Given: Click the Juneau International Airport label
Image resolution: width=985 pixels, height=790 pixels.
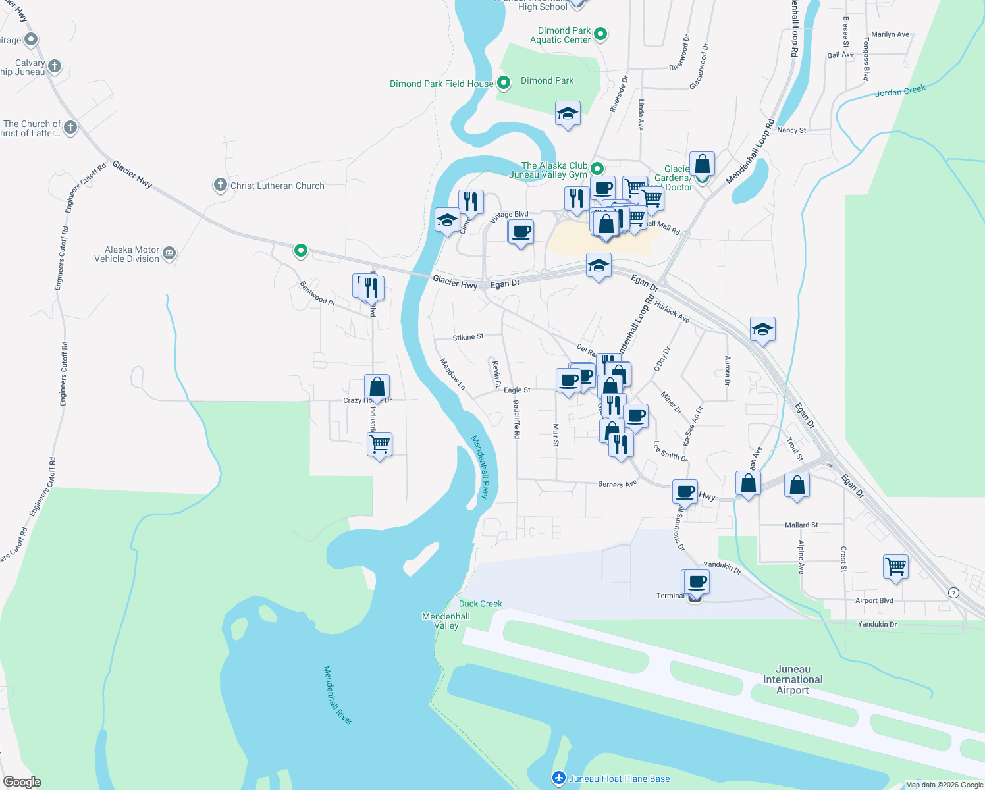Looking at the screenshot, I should click(x=793, y=679).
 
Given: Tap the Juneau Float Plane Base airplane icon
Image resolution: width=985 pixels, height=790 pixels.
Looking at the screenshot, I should click(x=559, y=778).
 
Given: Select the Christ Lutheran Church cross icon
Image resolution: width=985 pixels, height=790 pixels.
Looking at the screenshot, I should click(x=221, y=185).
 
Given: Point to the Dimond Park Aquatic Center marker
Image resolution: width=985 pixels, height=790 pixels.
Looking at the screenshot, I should click(x=600, y=34).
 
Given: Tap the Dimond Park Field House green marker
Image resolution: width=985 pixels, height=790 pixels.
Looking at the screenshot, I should click(x=504, y=83).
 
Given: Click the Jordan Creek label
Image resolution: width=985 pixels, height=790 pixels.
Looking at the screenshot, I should click(x=900, y=91).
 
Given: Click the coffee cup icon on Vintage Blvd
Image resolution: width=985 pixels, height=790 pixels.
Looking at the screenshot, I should click(x=521, y=232).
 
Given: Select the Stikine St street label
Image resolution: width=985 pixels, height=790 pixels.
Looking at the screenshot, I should click(x=468, y=337).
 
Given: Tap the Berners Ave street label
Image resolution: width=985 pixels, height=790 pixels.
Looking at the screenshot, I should click(x=617, y=484).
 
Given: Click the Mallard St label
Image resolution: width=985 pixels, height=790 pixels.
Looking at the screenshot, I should click(x=801, y=525).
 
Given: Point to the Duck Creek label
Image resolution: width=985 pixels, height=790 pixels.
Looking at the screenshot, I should click(x=480, y=604).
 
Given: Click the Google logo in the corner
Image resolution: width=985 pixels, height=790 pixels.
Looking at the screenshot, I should click(x=22, y=782).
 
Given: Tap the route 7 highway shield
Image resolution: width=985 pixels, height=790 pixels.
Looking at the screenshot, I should click(x=953, y=592).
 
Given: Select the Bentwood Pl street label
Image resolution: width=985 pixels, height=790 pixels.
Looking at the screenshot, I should click(x=317, y=294).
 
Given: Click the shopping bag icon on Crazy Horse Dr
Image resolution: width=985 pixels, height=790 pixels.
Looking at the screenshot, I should click(x=377, y=386).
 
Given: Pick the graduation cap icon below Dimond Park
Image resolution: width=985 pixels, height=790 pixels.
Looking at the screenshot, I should click(x=568, y=114).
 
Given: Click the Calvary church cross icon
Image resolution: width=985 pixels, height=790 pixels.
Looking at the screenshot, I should click(x=55, y=66).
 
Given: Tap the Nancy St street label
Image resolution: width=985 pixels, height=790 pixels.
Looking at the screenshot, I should click(x=791, y=130).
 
